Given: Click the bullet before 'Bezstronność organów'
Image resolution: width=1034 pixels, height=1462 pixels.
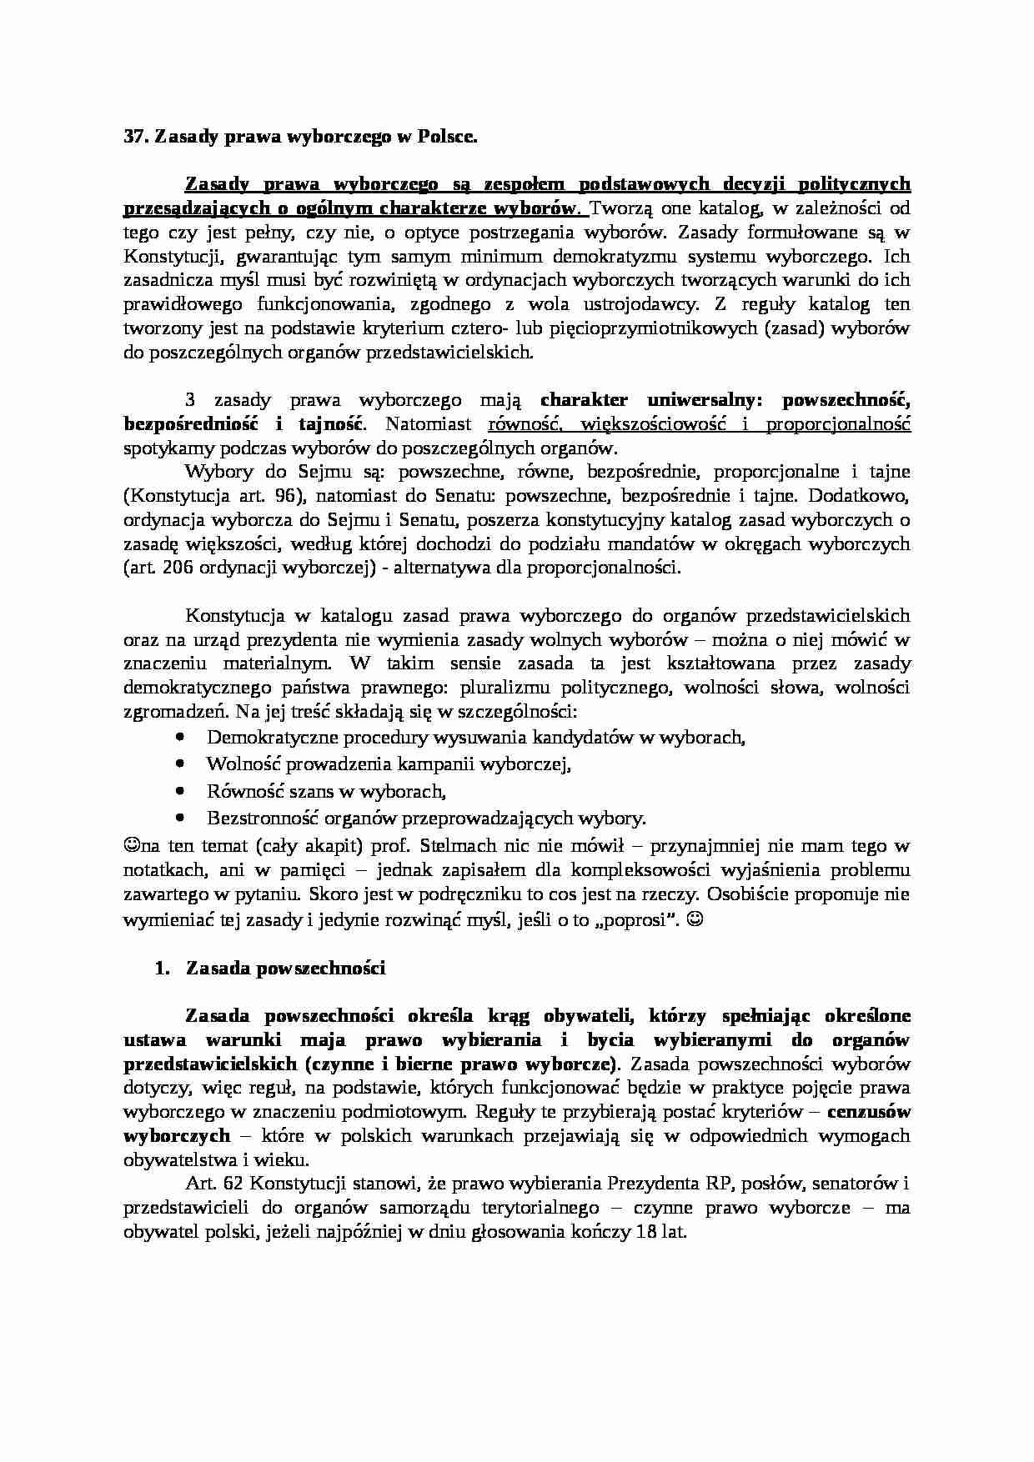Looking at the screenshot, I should tap(181, 818).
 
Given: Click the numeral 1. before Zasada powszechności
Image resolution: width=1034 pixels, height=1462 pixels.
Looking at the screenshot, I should tap(162, 969).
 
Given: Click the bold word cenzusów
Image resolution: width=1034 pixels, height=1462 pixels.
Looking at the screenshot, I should tap(873, 1112).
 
